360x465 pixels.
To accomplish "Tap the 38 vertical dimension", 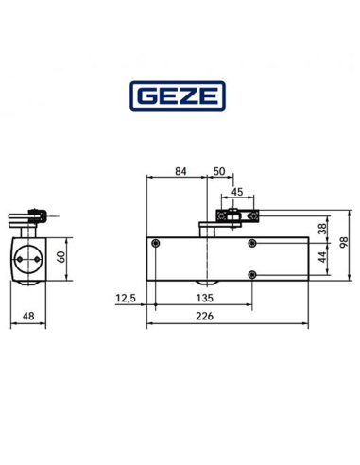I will tap(322, 228).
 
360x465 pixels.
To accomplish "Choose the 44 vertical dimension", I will tap(322, 255).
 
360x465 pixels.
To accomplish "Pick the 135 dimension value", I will tap(202, 297).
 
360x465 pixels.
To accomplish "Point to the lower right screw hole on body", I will tap(251, 274).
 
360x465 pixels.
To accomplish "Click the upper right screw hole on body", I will tap(251, 244).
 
